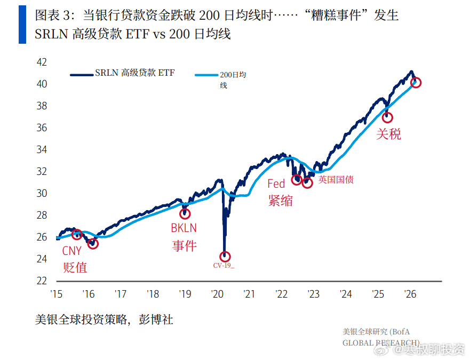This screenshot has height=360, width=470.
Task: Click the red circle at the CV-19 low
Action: [225, 257]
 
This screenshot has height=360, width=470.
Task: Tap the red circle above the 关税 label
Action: [387, 117]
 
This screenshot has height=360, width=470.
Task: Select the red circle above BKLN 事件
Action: [185, 214]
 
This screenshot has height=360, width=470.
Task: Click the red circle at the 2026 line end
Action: [416, 83]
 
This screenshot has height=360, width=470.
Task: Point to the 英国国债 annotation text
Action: [336, 180]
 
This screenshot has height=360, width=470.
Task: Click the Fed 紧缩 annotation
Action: [280, 193]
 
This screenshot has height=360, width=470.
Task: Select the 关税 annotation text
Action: [388, 134]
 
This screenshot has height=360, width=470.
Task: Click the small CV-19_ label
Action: [224, 265]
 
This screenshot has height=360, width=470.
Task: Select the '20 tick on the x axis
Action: [217, 294]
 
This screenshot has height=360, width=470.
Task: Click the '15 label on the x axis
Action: [57, 294]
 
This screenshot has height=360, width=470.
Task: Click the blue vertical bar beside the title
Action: [22, 25]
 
